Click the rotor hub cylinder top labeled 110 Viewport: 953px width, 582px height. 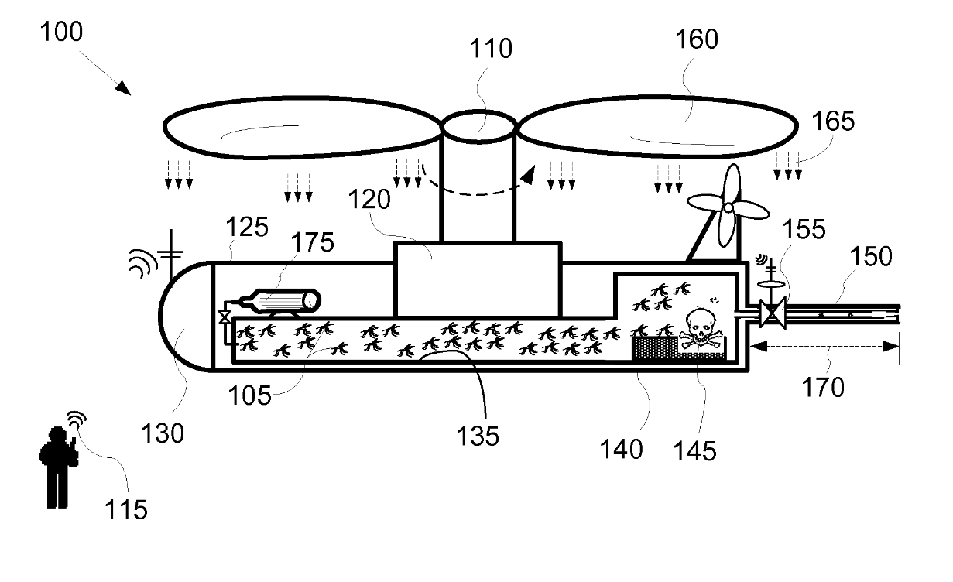point(478,124)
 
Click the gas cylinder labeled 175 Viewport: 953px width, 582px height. point(283,301)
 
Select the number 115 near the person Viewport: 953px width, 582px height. point(126,509)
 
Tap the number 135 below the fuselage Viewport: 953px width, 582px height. point(476,436)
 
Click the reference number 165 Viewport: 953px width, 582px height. point(833,122)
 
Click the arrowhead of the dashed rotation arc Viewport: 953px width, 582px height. point(528,176)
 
